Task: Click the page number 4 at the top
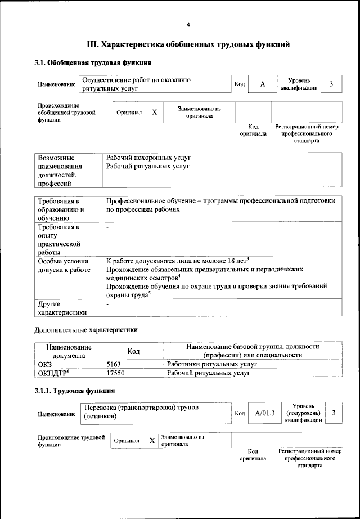188,24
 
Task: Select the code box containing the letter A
262,84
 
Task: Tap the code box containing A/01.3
264,414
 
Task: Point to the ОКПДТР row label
53,373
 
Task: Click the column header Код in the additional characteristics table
133,351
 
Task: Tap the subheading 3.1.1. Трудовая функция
75,390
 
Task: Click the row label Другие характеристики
62,308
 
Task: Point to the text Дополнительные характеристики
86,330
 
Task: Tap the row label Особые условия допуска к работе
64,266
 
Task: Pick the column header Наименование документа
69,351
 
